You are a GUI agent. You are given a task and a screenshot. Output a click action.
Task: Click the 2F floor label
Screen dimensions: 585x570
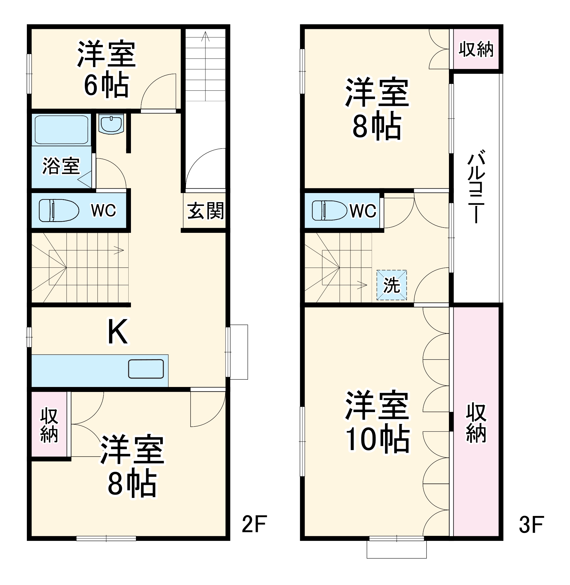(254, 524)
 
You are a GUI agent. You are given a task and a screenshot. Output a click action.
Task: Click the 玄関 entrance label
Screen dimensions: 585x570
(205, 211)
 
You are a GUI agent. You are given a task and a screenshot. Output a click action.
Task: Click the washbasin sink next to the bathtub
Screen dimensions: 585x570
(111, 124)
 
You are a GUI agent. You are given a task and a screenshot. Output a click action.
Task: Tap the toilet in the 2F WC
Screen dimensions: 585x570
(59, 211)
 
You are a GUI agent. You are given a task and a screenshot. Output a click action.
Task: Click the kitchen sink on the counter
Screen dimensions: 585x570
(146, 369)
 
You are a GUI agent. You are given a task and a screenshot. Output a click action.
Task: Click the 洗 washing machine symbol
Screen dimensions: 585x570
(392, 285)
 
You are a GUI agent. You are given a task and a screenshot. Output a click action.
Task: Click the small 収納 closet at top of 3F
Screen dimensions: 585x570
(476, 49)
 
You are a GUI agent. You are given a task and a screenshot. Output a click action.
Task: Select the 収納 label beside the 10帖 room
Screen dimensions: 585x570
(476, 423)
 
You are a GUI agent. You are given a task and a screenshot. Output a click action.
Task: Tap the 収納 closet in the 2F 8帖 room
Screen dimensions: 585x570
(49, 425)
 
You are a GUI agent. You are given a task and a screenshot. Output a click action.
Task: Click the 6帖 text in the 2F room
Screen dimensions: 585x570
(106, 86)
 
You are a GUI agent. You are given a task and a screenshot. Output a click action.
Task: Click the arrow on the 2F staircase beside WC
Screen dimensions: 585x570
(119, 250)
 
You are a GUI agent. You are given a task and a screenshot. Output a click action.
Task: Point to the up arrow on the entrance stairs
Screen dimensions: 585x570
(205, 36)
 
